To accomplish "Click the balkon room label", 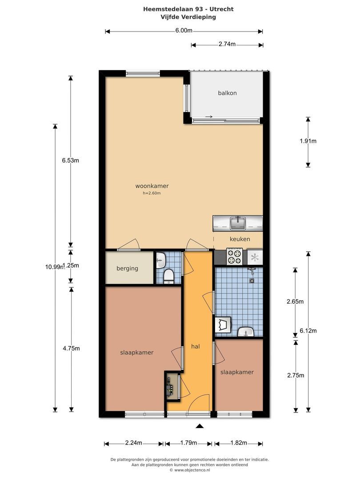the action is (227, 93).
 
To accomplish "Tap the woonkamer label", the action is (152, 186).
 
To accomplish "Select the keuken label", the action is (240, 239).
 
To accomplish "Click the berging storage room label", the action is (127, 268).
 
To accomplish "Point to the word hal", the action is (195, 346).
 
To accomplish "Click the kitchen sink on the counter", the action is (237, 223).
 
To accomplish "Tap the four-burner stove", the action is (234, 256).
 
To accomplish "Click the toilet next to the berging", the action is (168, 276).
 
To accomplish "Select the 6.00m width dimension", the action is (184, 30).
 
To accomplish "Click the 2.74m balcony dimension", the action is (227, 44).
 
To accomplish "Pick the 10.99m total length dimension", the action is (54, 267).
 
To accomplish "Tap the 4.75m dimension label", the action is (71, 348).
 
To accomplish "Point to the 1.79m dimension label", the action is (188, 443).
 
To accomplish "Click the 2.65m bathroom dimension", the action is (295, 301).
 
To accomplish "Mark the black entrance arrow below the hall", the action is (200, 426).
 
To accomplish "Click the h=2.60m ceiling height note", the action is (152, 193).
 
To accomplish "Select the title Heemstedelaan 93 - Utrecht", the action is (188, 9).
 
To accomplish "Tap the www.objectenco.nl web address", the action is (192, 470).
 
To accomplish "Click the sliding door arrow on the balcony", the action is (209, 116).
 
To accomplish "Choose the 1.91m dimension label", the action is (308, 141).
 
